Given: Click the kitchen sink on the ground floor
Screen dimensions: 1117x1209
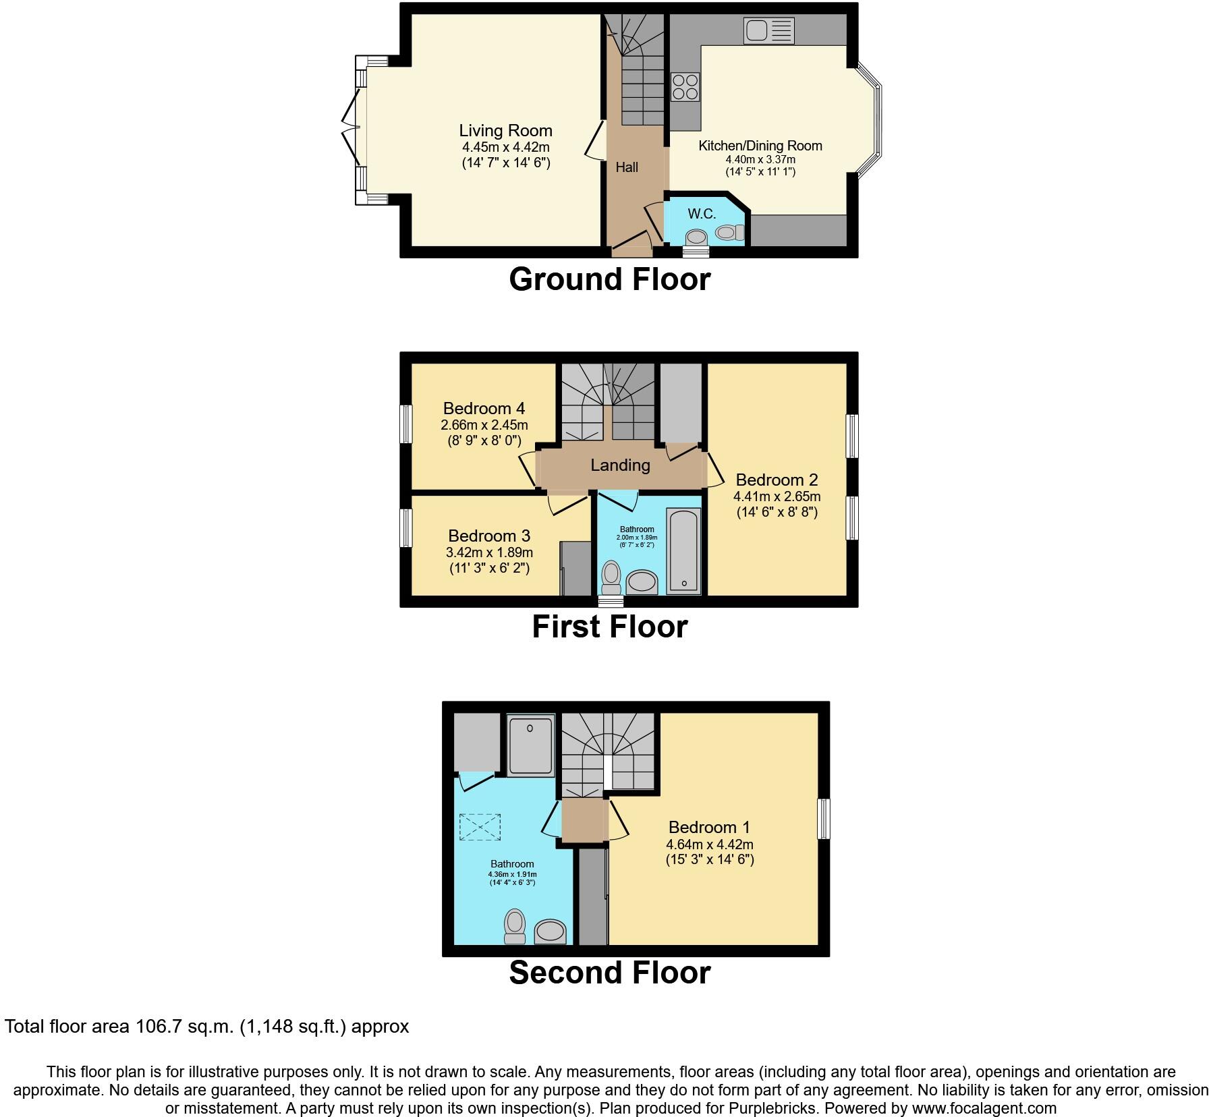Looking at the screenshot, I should (x=769, y=30).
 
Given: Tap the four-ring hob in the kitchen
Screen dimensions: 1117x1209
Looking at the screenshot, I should (x=685, y=87).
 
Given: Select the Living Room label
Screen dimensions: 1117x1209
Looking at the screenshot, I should (x=505, y=131).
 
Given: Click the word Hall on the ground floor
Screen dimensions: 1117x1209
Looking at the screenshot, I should (x=627, y=167).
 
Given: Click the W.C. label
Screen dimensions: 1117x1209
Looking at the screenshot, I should (x=702, y=214).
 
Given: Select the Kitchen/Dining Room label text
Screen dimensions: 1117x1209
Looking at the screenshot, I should (x=760, y=146).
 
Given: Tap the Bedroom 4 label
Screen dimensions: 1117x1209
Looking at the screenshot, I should (x=484, y=409).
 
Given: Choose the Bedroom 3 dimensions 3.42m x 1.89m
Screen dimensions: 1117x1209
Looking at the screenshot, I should (x=489, y=552).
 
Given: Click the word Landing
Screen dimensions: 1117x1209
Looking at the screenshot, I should (x=620, y=465).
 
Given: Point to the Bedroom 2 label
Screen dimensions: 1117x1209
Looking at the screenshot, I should (x=777, y=480).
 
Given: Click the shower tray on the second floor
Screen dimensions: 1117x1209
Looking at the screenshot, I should (x=530, y=745).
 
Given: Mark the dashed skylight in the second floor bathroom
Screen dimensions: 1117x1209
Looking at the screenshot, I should (x=480, y=827).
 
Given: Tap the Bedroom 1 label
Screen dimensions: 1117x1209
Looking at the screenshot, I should (x=709, y=828).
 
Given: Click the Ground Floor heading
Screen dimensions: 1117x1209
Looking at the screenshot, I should (x=609, y=279).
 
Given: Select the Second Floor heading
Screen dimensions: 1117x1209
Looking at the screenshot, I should (x=609, y=973).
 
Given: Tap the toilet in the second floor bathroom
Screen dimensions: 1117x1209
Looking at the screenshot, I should (x=515, y=926).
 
